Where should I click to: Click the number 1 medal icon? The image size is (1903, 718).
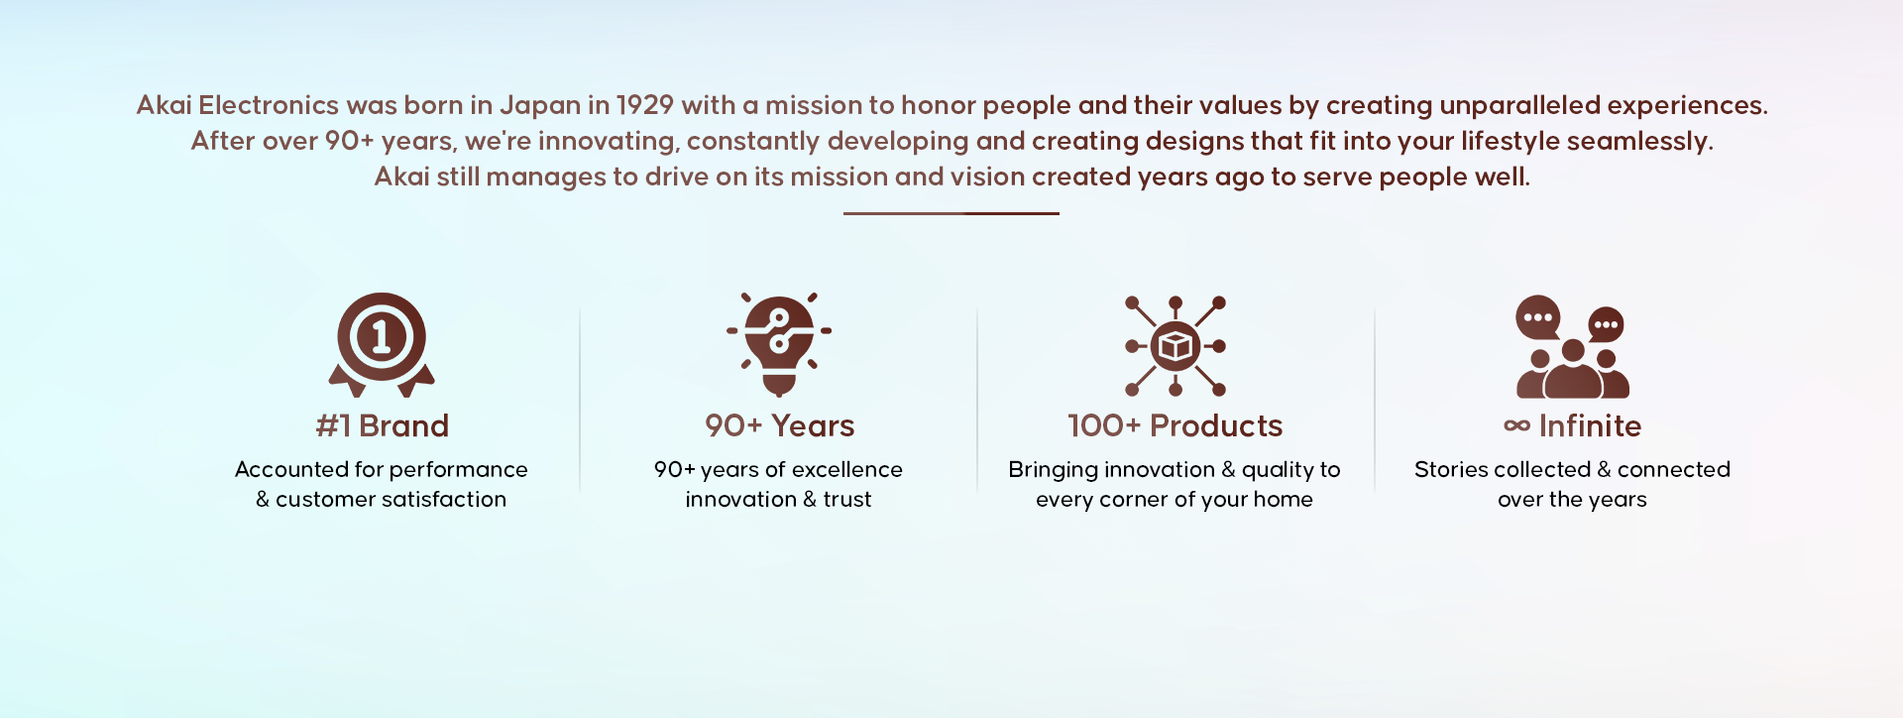[x=382, y=343]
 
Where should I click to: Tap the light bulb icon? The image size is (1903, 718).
[x=779, y=344]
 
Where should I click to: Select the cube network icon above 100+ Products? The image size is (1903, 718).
[x=1175, y=346]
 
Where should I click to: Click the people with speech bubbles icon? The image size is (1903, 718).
[x=1572, y=346]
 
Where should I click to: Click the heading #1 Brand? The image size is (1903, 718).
[x=382, y=425]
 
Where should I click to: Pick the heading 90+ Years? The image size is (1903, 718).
[x=779, y=425]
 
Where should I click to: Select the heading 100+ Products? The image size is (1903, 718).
[x=1175, y=425]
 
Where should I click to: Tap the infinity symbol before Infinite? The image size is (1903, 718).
[x=1516, y=425]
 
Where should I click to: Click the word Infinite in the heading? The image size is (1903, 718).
[x=1590, y=425]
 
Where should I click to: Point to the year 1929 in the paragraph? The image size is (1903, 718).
[x=645, y=105]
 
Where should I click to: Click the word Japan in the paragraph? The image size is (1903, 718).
[x=540, y=106]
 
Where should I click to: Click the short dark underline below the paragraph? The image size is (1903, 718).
[x=951, y=213]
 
